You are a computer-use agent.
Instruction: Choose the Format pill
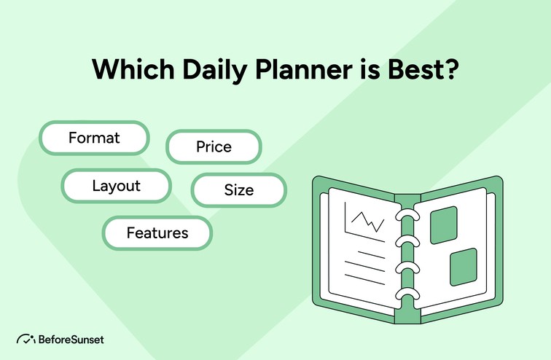[94, 137]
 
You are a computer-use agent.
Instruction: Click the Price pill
[214, 146]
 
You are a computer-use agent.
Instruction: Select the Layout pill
[116, 186]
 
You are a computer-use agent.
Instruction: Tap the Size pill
[239, 190]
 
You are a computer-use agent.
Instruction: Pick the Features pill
[157, 233]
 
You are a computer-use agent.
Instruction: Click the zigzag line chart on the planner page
[366, 219]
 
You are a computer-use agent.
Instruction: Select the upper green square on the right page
[443, 225]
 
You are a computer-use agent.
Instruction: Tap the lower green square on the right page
[463, 267]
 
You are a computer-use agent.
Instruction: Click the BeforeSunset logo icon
[26, 339]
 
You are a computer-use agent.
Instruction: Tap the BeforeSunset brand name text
[70, 339]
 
